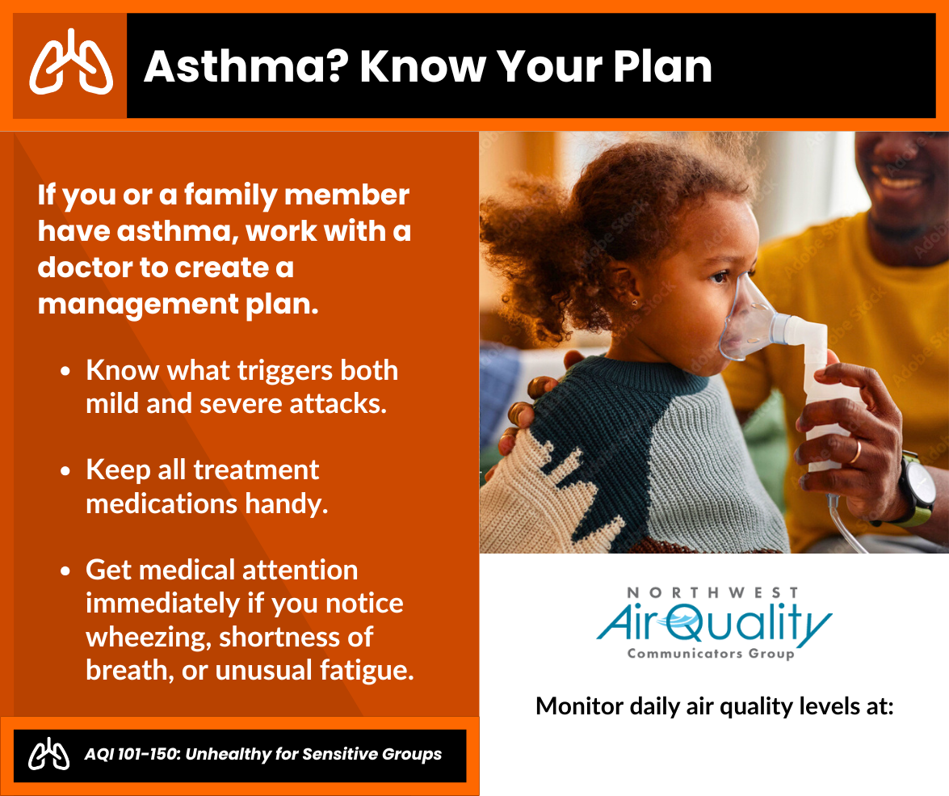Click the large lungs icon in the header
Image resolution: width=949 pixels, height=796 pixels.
point(71,63)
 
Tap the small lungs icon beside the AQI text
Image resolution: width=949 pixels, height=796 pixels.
point(49,754)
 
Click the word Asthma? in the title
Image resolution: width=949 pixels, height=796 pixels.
point(247,66)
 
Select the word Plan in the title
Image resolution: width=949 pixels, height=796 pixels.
point(662,66)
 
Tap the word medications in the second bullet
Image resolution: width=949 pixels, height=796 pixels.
point(162,503)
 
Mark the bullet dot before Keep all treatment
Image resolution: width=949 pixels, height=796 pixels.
point(65,470)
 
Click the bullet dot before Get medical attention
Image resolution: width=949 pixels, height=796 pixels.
point(65,571)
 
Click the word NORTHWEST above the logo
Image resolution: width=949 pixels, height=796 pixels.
point(713,592)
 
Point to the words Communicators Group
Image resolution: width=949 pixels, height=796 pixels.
point(712,654)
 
